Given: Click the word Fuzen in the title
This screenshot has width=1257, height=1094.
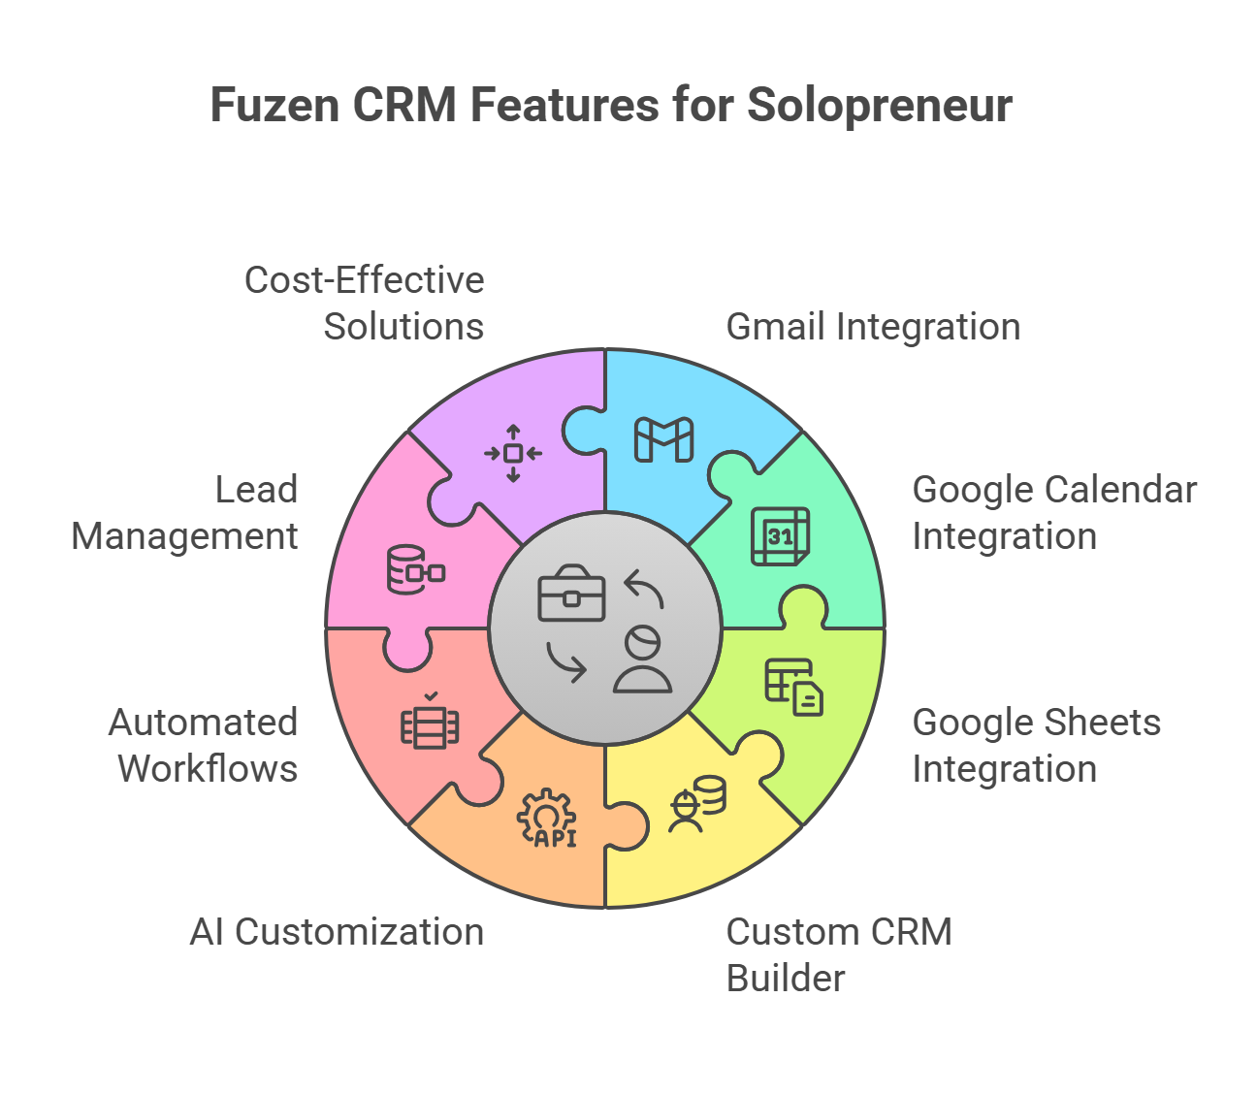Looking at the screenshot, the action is point(274,105).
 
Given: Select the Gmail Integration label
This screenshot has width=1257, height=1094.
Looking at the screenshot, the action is point(873,327).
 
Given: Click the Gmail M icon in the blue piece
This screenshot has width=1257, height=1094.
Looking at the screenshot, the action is point(663,439).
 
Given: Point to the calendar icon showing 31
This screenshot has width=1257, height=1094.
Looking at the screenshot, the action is point(780,536).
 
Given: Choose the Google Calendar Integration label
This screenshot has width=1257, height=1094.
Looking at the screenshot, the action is point(1054,513).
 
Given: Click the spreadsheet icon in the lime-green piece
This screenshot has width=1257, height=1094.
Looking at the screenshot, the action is point(793,688).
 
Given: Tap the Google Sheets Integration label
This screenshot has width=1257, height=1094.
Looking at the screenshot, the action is point(1037,745).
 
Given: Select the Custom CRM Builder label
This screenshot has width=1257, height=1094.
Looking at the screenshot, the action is point(839,954).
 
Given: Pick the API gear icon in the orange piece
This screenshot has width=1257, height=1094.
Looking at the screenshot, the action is point(547,818).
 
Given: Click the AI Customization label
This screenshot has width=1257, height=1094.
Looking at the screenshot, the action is point(337,932).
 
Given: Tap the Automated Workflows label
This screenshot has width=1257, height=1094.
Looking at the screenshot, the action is point(204,745).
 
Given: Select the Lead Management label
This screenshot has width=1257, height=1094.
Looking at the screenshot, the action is point(184,513).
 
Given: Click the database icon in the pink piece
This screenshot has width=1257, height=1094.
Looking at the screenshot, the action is point(416,569).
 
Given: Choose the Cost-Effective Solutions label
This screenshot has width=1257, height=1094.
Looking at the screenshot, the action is point(365,304).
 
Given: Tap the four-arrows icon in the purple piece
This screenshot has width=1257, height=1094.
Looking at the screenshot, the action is point(513,454).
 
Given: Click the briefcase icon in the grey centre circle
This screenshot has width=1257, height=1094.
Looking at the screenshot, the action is point(571,593).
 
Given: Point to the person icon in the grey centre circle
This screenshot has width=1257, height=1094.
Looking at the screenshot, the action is point(642,660).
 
